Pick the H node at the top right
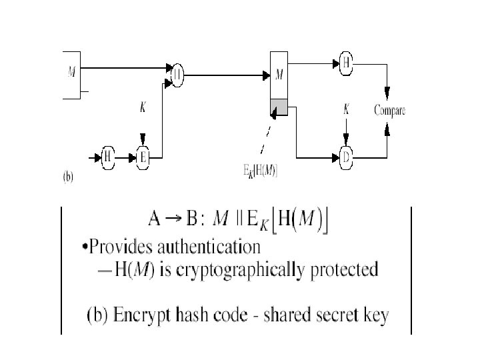click(x=346, y=63)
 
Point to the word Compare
click(x=389, y=111)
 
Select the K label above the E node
click(x=143, y=106)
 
